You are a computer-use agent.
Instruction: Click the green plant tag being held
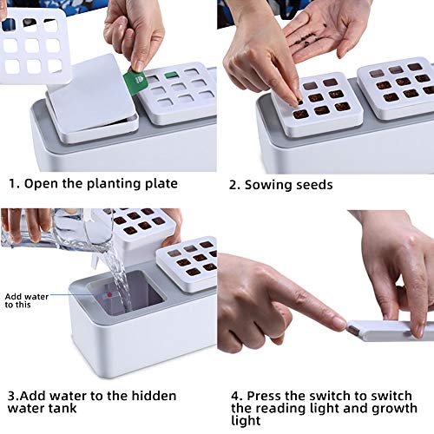point(135,82)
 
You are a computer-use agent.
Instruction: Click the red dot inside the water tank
point(110,294)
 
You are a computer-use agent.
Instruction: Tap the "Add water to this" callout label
point(27,300)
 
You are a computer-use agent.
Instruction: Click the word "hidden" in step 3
point(154,396)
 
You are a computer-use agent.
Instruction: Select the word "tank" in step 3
point(63,408)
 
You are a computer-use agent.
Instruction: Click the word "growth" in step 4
point(394,409)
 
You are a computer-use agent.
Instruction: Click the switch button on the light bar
point(352,329)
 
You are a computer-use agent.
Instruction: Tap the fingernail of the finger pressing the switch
point(339,322)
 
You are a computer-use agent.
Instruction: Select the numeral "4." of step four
point(237,396)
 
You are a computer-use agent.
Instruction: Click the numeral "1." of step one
point(15,184)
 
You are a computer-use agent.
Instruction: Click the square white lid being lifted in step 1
point(90,93)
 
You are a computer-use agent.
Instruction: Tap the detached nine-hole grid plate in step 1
point(34,46)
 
